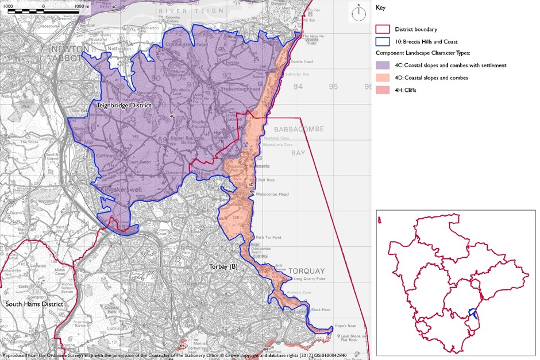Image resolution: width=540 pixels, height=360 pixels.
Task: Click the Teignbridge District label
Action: click(x=124, y=106)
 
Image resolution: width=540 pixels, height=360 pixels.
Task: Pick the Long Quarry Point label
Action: click(x=310, y=279)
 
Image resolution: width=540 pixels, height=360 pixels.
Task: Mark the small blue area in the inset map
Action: click(x=473, y=313)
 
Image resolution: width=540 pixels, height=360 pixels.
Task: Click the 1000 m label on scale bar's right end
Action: click(x=82, y=5)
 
